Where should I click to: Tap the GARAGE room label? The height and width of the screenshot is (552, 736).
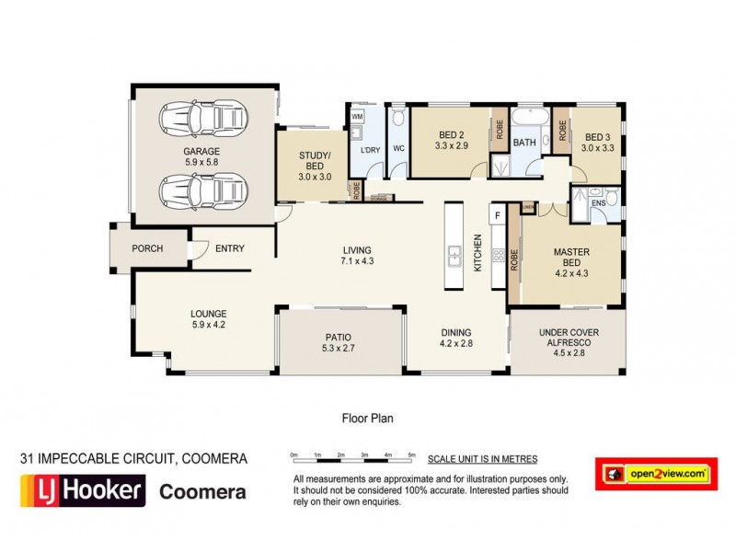(x=201, y=151)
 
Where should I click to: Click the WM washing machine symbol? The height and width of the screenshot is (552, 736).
(x=358, y=118)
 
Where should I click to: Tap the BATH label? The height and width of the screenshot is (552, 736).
(x=524, y=143)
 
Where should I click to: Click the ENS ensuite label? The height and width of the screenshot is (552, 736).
(x=599, y=202)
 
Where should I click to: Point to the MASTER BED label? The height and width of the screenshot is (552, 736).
(x=570, y=257)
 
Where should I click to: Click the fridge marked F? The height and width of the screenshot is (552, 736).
(x=498, y=215)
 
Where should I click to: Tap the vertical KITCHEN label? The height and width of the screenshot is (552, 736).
(x=477, y=251)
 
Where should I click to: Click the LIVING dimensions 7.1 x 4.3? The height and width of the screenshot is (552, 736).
(x=358, y=261)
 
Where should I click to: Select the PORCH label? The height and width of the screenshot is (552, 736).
(x=147, y=248)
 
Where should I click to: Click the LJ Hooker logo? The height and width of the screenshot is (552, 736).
(x=83, y=490)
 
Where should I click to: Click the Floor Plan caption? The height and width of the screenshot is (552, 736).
(x=367, y=418)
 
